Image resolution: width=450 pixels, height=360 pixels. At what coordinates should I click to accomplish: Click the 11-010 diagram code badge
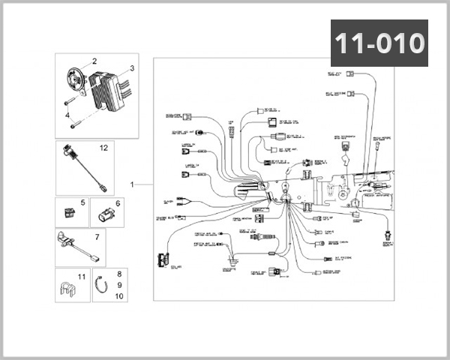(x=379, y=43)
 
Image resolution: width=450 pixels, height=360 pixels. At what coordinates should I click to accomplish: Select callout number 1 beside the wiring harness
(x=132, y=184)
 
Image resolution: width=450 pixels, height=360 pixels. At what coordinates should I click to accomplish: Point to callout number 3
(x=131, y=68)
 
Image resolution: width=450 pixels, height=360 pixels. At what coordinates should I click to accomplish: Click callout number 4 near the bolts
(x=67, y=115)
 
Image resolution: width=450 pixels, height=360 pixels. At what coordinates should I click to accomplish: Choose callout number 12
(x=103, y=148)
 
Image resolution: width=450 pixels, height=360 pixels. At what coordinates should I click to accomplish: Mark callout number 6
(x=118, y=202)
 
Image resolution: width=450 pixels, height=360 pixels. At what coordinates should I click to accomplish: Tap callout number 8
(x=118, y=275)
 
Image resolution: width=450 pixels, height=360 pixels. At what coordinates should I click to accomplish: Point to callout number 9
(x=118, y=286)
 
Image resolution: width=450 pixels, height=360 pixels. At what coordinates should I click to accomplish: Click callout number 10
(x=118, y=296)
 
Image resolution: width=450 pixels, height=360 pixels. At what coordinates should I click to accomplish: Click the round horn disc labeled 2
(x=75, y=79)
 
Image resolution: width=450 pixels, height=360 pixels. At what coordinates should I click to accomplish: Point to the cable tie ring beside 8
(x=103, y=286)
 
